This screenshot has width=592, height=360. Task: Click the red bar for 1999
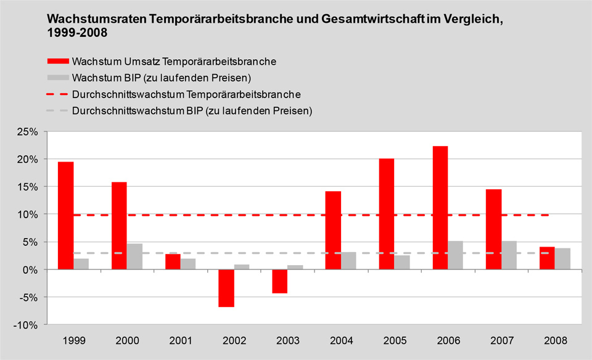[x=65, y=215]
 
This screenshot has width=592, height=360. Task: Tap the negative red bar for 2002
[x=226, y=288]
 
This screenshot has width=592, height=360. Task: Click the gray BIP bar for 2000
[x=134, y=256]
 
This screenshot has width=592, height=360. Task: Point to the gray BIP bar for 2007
[x=509, y=255]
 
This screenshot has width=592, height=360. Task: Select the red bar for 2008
[x=548, y=258]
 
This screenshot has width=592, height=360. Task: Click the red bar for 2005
[x=387, y=214]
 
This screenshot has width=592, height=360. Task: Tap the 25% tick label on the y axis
[x=29, y=132]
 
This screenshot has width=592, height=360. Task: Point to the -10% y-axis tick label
[x=28, y=325]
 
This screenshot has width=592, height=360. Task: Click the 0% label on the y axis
[x=31, y=270]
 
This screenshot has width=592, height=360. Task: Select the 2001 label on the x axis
[x=181, y=340]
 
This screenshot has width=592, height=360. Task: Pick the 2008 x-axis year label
[x=555, y=340]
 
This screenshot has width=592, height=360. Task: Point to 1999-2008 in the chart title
[x=77, y=33]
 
